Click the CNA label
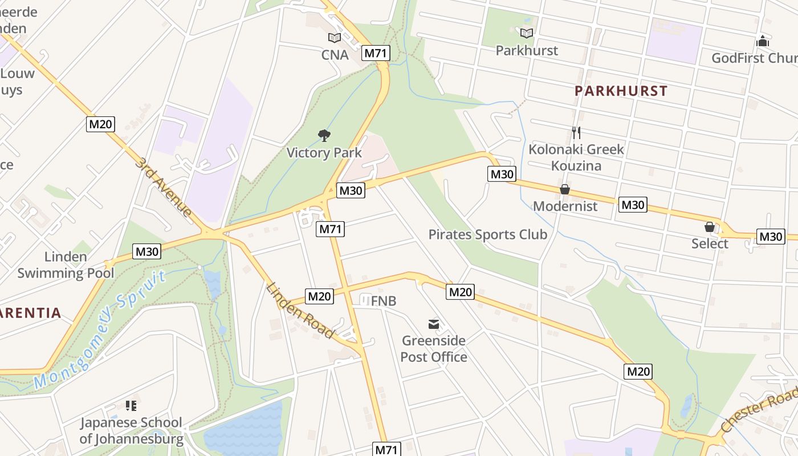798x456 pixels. tap(335, 55)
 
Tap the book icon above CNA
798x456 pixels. tap(335, 38)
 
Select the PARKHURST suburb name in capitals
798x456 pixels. tap(621, 91)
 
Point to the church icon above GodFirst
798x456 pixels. tap(763, 42)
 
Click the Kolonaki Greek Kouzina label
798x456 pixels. tap(576, 157)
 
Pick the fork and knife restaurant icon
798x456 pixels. tap(576, 133)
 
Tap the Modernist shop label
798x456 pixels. tap(565, 206)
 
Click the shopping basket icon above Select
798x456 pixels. tap(710, 227)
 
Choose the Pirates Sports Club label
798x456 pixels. tap(487, 234)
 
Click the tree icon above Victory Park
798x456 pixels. tap(324, 136)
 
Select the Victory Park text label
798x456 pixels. tap(324, 153)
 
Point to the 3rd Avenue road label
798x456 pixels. tap(164, 187)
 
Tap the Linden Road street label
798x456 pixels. tap(300, 311)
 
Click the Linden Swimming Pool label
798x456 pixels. tap(66, 264)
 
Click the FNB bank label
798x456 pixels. tap(383, 301)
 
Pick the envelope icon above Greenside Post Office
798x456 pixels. tap(434, 324)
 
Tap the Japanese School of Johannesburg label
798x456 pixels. tap(131, 430)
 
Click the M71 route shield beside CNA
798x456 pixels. tap(376, 54)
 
